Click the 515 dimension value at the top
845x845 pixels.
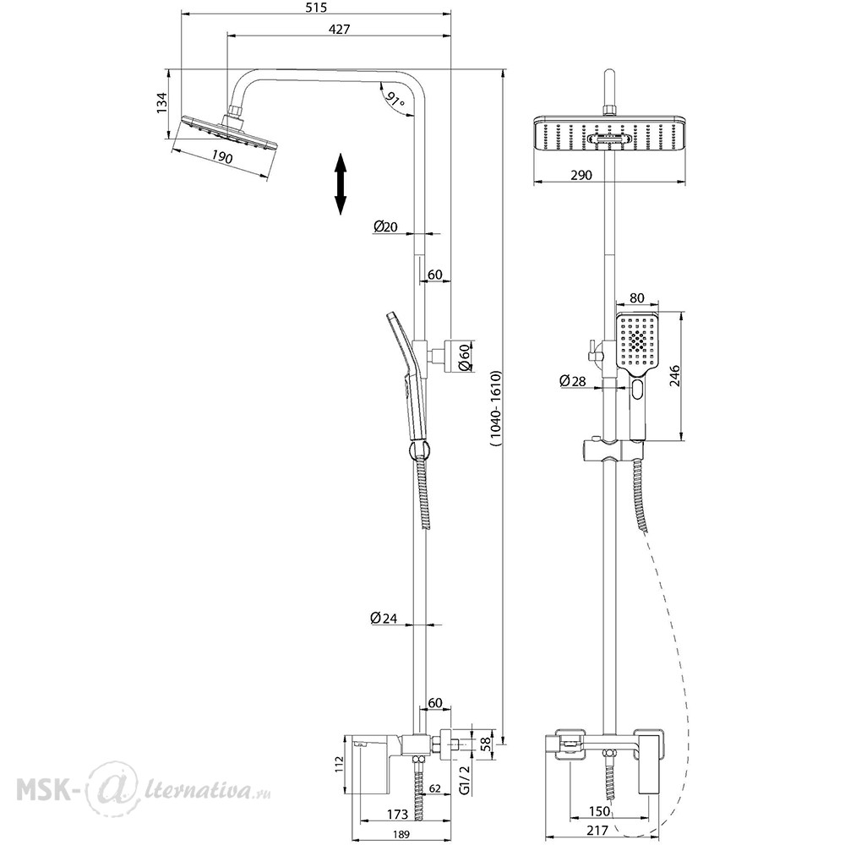point(316,8)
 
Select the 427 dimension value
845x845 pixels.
point(339,29)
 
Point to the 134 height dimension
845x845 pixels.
point(161,103)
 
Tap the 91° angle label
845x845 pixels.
point(396,101)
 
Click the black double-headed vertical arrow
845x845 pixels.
point(340,183)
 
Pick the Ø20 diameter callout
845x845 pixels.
point(384,226)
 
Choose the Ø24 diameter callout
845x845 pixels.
point(384,619)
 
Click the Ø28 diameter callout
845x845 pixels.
point(572,381)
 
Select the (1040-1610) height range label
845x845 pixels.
point(496,408)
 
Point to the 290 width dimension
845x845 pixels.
point(581,175)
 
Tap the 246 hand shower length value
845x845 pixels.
point(674,376)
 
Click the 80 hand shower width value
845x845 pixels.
point(636,298)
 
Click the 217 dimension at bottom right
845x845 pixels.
point(597,831)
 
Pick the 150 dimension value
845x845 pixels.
point(599,811)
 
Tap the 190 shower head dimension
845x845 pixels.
point(221,157)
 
